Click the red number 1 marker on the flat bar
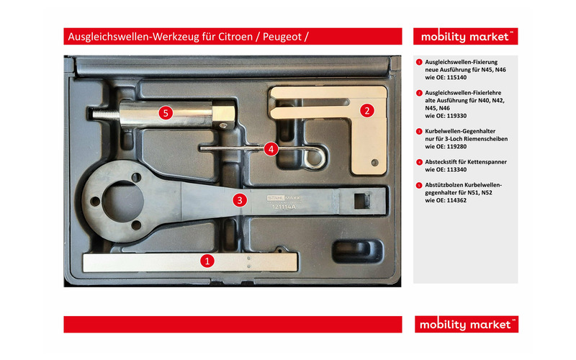(x=207, y=261)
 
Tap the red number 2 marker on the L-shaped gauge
(x=367, y=110)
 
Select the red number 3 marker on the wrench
(x=240, y=200)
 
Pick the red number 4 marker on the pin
(x=271, y=149)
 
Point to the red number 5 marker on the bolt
(x=166, y=113)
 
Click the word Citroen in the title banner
(x=235, y=37)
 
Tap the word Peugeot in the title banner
(x=282, y=37)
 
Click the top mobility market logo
(x=465, y=37)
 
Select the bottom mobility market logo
(x=467, y=325)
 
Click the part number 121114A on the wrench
(x=284, y=207)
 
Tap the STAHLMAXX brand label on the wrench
(x=284, y=198)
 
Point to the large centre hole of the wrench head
(x=122, y=202)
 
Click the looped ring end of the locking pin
(x=314, y=158)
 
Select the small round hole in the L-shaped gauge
(x=374, y=163)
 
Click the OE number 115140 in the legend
(x=456, y=78)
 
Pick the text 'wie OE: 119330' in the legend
(x=446, y=116)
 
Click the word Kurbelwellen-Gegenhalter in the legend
(x=460, y=131)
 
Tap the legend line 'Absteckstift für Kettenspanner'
(x=466, y=161)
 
